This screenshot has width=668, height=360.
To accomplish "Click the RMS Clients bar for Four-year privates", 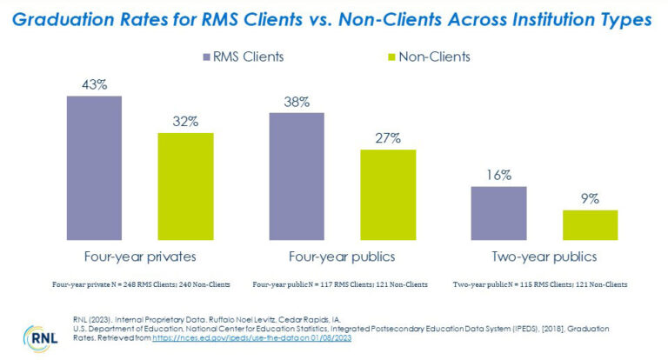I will point(94,168).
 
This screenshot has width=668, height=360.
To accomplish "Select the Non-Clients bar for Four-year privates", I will point(185,186).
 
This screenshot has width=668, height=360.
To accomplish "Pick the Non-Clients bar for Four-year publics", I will point(388,195).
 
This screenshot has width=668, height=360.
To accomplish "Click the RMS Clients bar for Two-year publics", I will point(498,213).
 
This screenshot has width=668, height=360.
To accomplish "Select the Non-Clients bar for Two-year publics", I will point(590,225).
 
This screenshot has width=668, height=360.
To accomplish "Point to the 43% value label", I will point(94,84).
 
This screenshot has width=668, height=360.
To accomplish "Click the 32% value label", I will point(185,122).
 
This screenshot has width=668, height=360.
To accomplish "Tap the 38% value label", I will point(297,102).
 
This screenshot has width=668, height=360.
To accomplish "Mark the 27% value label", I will point(388,138).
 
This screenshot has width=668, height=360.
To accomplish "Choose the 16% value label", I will point(498,176).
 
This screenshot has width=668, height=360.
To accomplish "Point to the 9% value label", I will point(590,198).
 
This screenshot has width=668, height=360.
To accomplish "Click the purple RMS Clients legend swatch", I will point(206,57).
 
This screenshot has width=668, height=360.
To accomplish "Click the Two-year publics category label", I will point(544,257).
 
